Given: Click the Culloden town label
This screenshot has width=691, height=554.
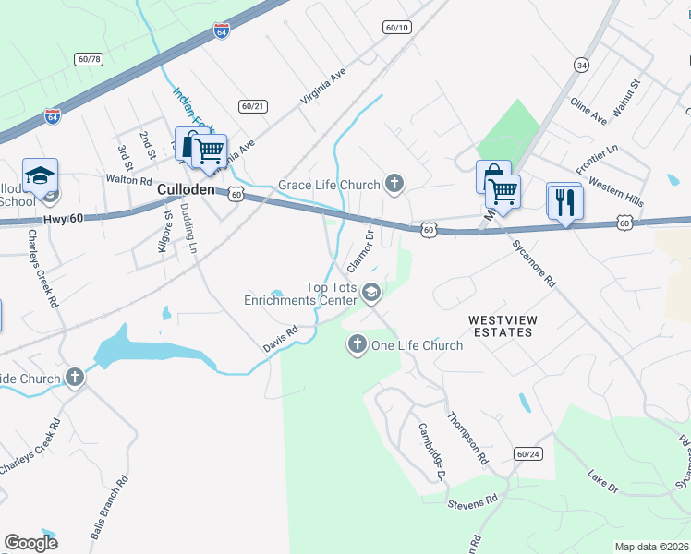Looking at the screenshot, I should click(x=185, y=189).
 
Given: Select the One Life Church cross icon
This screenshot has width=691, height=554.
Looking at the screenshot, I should click(x=358, y=344).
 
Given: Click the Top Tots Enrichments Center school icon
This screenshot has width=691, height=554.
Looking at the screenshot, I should click(x=371, y=293).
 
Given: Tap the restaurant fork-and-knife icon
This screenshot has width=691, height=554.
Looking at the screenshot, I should click(x=564, y=201).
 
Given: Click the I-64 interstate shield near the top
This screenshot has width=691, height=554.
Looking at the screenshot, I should click(x=221, y=30).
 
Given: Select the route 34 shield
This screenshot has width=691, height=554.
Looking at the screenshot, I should click(x=580, y=65).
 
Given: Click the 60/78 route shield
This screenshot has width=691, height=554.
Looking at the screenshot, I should click(x=90, y=59).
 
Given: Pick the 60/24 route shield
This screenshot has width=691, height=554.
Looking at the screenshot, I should click(x=528, y=453).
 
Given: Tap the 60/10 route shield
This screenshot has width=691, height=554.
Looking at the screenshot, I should click(x=396, y=28).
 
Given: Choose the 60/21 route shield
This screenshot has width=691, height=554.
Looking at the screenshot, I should click(x=251, y=106).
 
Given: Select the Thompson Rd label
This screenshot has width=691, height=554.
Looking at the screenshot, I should click(x=467, y=439).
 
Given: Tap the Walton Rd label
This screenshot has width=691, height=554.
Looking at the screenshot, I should click(x=128, y=180).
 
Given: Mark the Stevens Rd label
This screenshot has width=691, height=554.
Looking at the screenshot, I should click(x=472, y=502).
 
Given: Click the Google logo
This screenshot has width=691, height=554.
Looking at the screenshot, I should click(x=30, y=542).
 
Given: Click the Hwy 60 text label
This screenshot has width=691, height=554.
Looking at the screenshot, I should click(x=63, y=219).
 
